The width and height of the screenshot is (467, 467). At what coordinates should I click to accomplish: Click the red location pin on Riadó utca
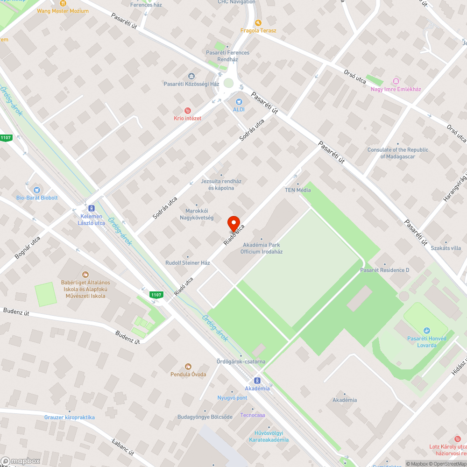pyautogui.click(x=233, y=223)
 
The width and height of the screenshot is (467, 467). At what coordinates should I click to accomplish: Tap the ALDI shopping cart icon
pyautogui.click(x=239, y=101)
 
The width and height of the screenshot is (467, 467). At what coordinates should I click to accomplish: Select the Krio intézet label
pyautogui.click(x=187, y=118)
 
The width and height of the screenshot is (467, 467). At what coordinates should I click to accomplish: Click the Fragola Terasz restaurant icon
pyautogui.click(x=258, y=22)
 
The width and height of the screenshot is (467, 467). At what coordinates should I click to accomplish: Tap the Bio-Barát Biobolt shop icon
pyautogui.click(x=36, y=190)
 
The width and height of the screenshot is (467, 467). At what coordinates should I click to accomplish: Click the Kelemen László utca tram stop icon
pyautogui.click(x=91, y=208)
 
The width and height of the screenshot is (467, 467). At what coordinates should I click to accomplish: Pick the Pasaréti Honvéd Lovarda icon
pyautogui.click(x=426, y=331)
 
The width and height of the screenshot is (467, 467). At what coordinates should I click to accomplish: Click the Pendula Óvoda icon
pyautogui.click(x=188, y=367)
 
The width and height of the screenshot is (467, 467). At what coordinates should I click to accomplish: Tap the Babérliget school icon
pyautogui.click(x=85, y=275)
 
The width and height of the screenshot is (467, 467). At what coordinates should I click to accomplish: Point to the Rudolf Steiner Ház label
pyautogui.click(x=188, y=263)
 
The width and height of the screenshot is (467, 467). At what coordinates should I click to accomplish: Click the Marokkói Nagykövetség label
pyautogui.click(x=197, y=214)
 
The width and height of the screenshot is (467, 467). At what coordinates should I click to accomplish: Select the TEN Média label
pyautogui.click(x=298, y=190)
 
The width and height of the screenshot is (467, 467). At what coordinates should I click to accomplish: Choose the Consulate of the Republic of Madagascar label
pyautogui.click(x=397, y=153)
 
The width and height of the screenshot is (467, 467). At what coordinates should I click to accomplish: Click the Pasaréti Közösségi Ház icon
pyautogui.click(x=191, y=76)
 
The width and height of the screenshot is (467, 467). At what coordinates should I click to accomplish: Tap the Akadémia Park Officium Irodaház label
pyautogui.click(x=261, y=248)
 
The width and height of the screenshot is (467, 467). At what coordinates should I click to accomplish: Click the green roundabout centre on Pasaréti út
pyautogui.click(x=228, y=83)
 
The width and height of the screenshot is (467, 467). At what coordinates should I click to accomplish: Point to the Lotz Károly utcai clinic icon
pyautogui.click(x=457, y=439)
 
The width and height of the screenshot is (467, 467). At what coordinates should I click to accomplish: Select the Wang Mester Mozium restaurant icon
pyautogui.click(x=63, y=3)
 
